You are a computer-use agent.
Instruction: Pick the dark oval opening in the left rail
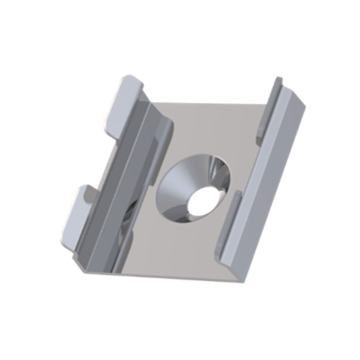(128, 220)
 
